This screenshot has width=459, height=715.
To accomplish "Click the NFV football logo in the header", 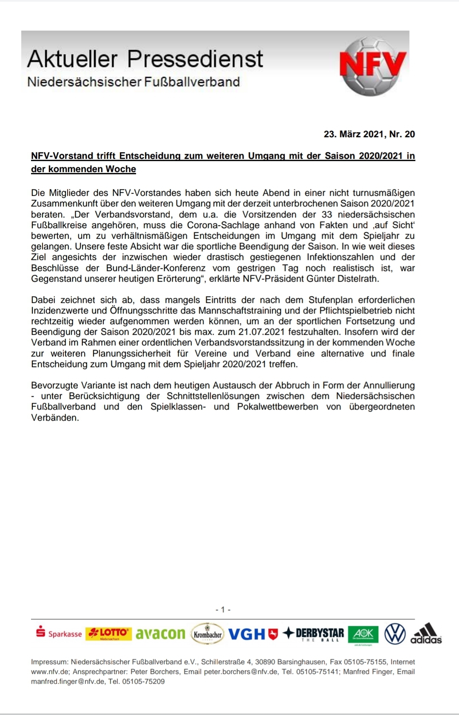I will point(373,66).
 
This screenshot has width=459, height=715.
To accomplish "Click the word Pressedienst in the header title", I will point(195,59).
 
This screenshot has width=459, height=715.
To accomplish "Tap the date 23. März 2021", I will point(354,134).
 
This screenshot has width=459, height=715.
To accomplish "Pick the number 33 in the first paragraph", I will point(327,215).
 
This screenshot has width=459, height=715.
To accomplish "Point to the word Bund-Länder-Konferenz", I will point(156,268).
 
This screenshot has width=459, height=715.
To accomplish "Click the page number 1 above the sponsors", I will point(223,610).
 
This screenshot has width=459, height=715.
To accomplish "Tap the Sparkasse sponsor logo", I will point(59,633).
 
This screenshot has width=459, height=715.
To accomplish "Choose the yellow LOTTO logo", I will point(109,633).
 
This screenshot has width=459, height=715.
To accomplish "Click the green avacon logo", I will point(161,634).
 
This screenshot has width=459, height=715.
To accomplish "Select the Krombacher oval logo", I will point(208,634).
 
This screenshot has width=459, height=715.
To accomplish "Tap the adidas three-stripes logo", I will point(426,633).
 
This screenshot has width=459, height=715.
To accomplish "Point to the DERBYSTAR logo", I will point(313,634).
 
